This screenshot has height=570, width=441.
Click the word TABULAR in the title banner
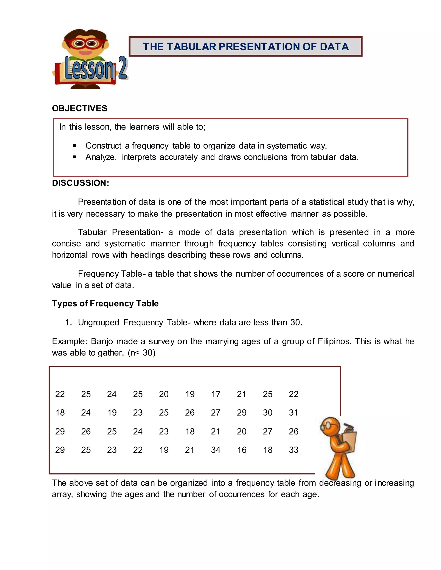click(x=191, y=47)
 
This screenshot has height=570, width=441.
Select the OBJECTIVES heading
click(x=79, y=108)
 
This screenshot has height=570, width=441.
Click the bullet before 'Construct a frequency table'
click(x=75, y=146)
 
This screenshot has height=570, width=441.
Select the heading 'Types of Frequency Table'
click(x=105, y=303)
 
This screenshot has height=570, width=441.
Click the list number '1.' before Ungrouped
click(x=68, y=323)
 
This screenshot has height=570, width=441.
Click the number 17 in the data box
click(x=216, y=394)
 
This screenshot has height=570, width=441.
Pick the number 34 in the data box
click(x=216, y=450)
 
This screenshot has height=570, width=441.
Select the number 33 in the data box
click(x=293, y=450)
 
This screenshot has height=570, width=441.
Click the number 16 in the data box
click(x=242, y=450)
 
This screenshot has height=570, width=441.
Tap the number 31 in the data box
click(x=293, y=413)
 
